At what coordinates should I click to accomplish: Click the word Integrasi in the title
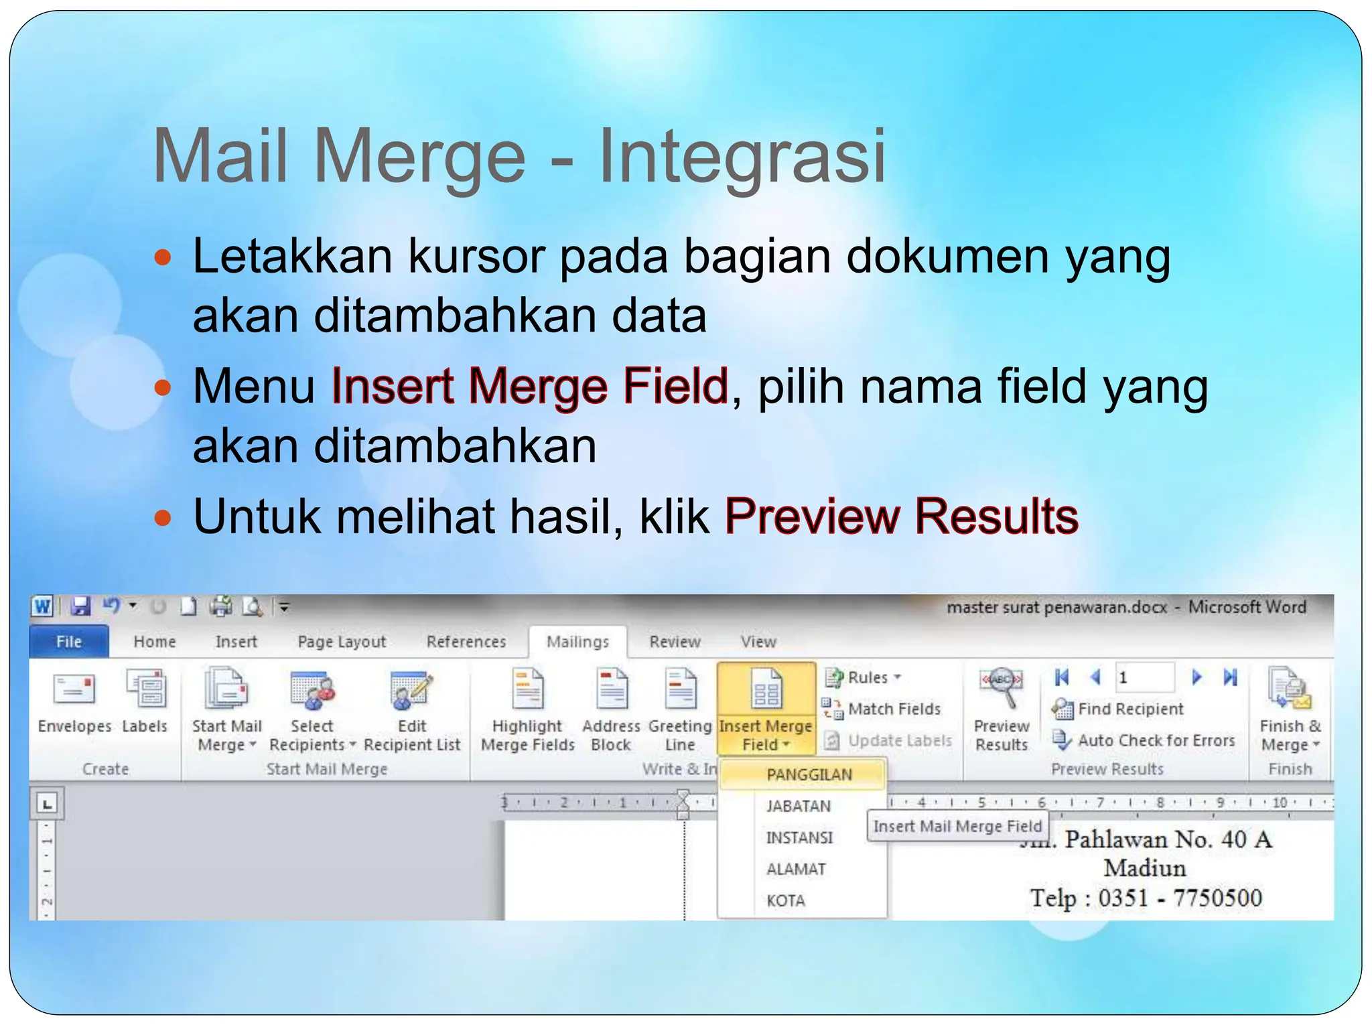[x=742, y=156]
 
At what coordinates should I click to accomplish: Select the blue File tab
[x=69, y=642]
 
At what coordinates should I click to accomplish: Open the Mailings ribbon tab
[x=577, y=642]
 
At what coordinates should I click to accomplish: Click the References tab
[x=466, y=642]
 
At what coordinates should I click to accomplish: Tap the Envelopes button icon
[x=74, y=690]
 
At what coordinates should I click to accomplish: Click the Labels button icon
[x=145, y=690]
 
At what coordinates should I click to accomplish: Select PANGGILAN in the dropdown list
[x=809, y=775]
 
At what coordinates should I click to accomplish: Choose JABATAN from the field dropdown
[x=799, y=807]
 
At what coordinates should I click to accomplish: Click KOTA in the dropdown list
[x=786, y=901]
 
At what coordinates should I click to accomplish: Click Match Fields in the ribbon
[x=894, y=709]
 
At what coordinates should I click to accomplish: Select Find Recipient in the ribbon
[x=1130, y=709]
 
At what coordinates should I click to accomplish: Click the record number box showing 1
[x=1144, y=678]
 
